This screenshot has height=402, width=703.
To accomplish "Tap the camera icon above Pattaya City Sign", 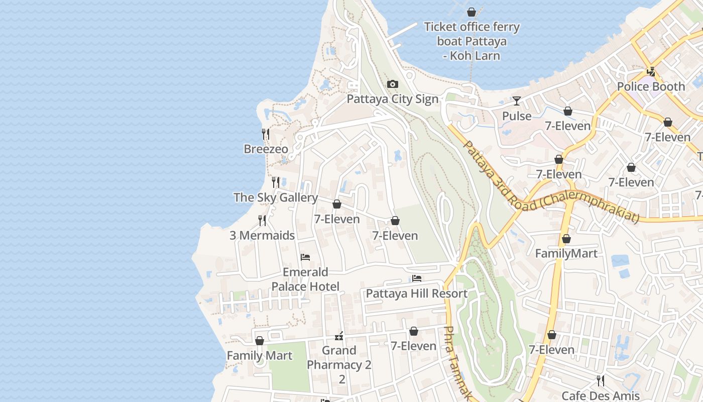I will point(393,84).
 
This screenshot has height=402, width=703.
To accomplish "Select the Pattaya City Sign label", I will point(393,99).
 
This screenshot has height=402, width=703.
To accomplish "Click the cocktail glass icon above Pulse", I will point(516,101).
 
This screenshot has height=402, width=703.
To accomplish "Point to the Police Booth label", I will point(651,86).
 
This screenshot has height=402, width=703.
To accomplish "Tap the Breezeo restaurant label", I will point(266,149).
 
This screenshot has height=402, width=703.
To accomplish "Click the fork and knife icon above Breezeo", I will point(266,134).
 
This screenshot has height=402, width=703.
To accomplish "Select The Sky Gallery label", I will point(276,197).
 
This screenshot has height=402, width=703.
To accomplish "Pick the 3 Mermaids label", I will point(262,235).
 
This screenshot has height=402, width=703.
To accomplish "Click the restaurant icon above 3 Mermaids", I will point(262,220).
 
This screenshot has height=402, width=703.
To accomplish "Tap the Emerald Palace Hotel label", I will point(305,279).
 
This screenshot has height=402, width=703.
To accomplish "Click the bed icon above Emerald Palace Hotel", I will point(305,257).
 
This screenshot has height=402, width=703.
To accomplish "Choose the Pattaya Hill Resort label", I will point(416,293).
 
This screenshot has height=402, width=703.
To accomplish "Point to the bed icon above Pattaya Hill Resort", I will point(416,278).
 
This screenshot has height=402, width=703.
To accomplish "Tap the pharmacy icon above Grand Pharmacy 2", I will point(339,336).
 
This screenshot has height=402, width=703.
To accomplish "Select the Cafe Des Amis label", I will point(600,395).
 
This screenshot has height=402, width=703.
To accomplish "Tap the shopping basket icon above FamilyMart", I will point(566,239).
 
